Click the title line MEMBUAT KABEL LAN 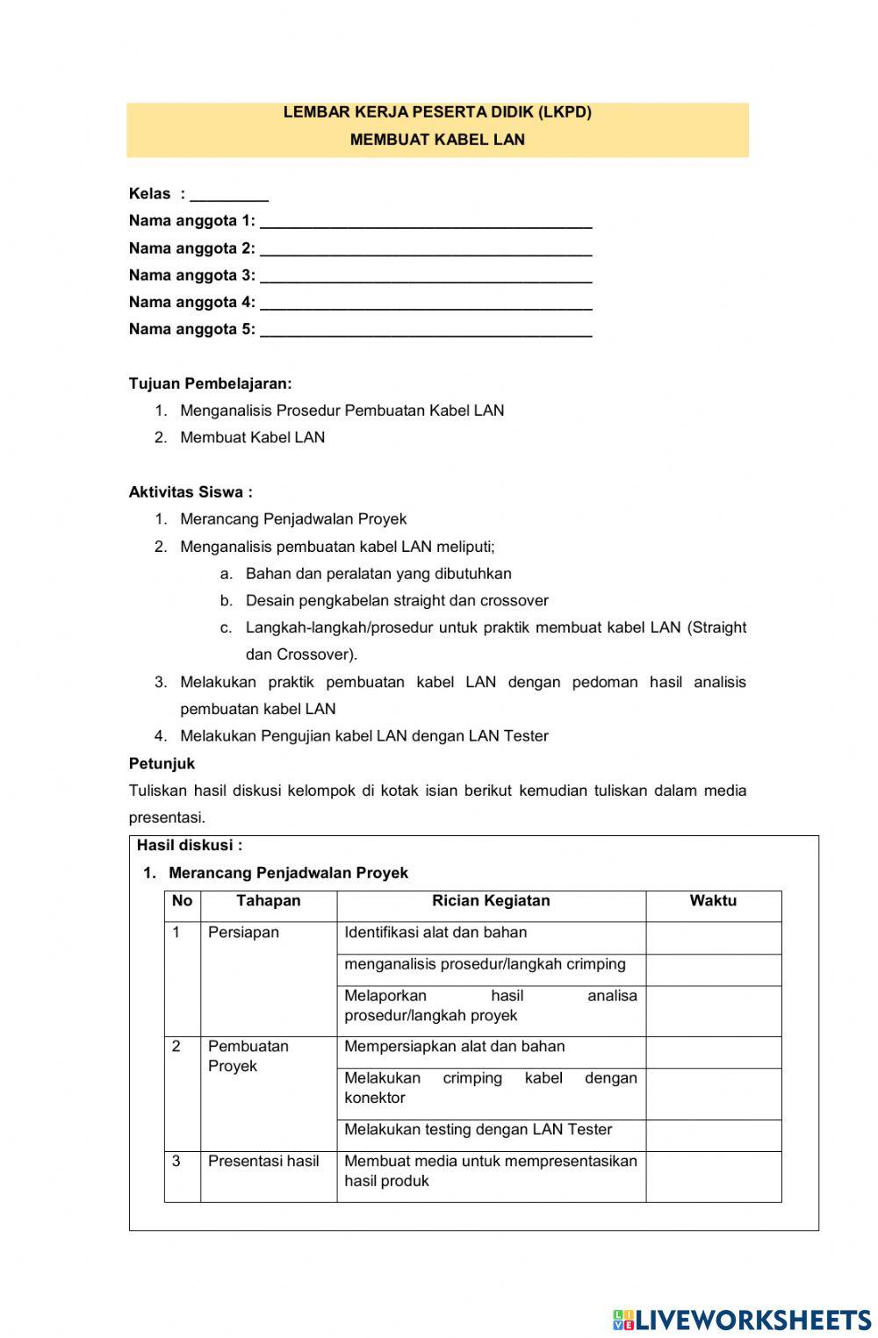[x=437, y=140]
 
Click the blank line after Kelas [x=228, y=195]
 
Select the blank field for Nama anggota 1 [x=426, y=221]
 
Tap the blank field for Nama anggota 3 [x=426, y=275]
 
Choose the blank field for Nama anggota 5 [x=426, y=330]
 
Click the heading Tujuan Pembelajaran [x=210, y=383]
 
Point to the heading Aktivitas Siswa [x=191, y=492]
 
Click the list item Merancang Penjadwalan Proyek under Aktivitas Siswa [x=292, y=519]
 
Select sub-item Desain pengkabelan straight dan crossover [x=396, y=601]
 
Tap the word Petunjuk [x=162, y=763]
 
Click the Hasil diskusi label [x=189, y=846]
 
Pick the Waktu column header [x=713, y=901]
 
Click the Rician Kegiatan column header [x=491, y=901]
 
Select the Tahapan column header [x=268, y=901]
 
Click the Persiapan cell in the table [x=243, y=933]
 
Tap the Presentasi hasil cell [x=263, y=1162]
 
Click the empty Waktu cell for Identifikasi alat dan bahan [x=713, y=938]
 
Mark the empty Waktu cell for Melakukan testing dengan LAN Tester [x=713, y=1135]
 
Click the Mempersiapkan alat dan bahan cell [x=454, y=1047]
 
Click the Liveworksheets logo [x=742, y=1320]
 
